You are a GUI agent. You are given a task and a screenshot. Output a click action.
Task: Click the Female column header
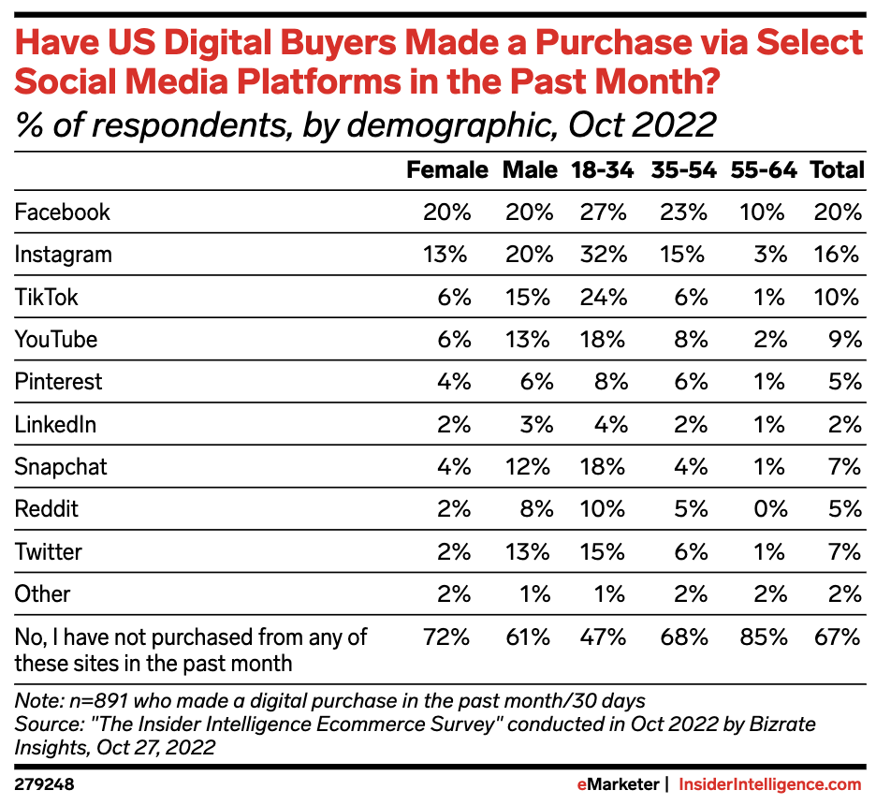pyautogui.click(x=446, y=170)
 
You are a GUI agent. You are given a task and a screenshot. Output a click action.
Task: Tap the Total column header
pyautogui.click(x=836, y=170)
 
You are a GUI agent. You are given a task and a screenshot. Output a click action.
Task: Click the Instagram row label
pyautogui.click(x=63, y=255)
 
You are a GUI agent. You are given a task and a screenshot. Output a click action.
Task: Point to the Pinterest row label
pyautogui.click(x=58, y=382)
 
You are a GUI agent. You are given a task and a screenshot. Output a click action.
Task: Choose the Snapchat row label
pyautogui.click(x=61, y=467)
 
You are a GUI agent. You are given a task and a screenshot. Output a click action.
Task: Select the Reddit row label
pyautogui.click(x=46, y=509)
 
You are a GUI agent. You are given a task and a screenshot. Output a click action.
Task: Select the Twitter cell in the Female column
pyautogui.click(x=453, y=552)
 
